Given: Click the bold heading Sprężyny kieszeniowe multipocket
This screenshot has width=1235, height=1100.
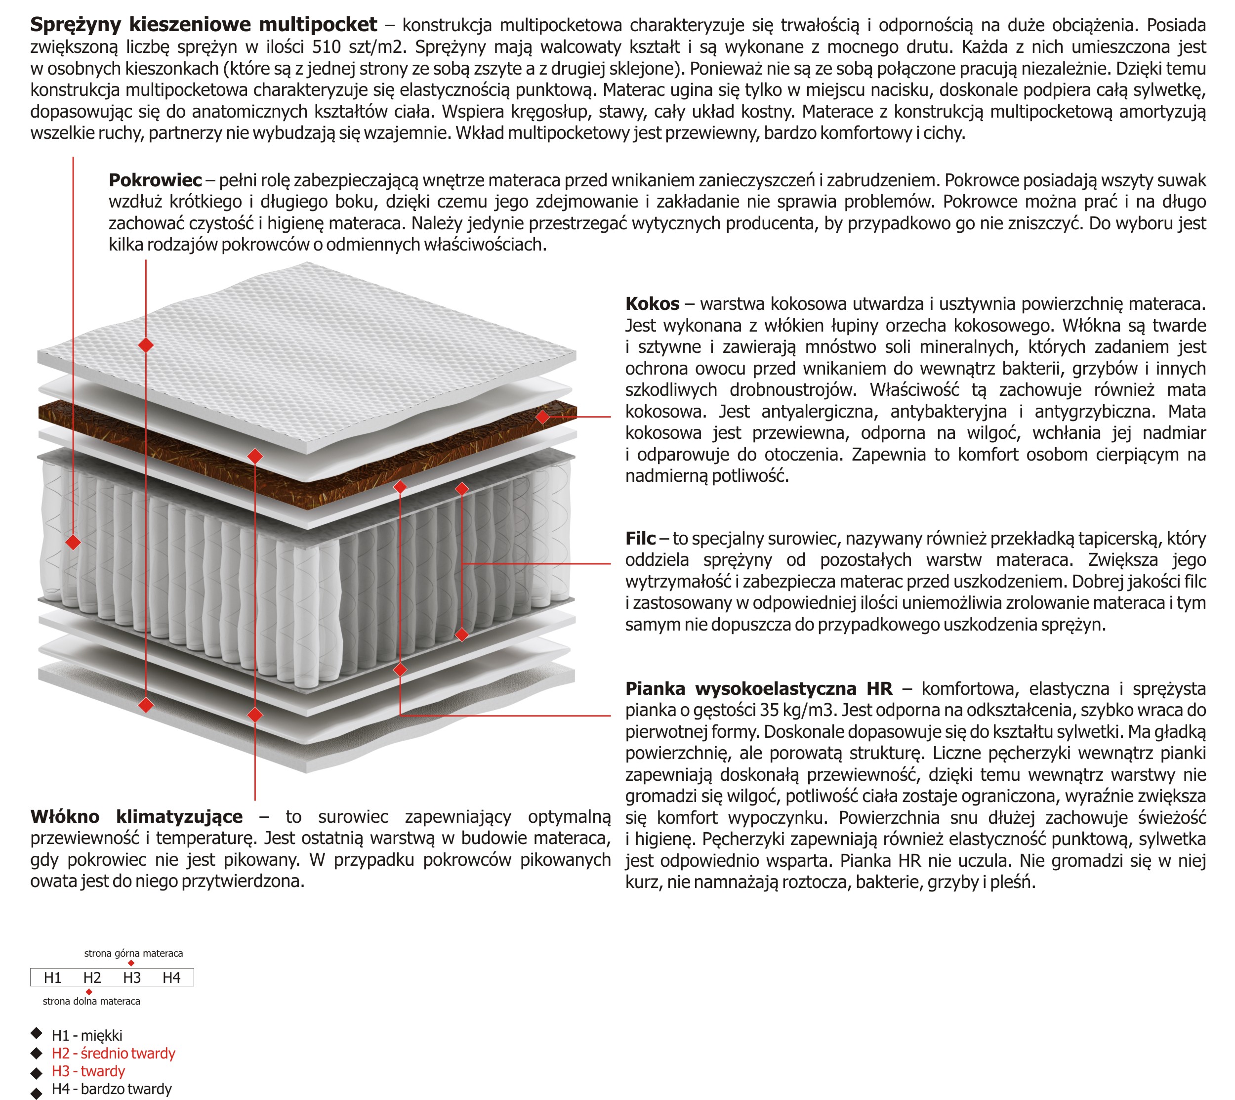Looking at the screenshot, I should pos(204,25).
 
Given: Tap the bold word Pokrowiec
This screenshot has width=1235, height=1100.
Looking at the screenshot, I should pos(155,180).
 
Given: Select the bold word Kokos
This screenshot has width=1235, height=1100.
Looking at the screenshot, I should pos(652,304).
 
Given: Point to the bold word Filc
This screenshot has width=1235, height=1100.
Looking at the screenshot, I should pos(640,539).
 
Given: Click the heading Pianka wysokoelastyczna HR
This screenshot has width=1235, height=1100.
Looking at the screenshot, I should pos(758,689).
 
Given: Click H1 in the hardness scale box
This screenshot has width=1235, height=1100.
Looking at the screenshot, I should pos(52,978).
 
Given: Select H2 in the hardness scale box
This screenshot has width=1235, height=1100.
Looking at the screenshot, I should pos(92,978).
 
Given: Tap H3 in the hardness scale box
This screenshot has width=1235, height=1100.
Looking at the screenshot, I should pos(132,978).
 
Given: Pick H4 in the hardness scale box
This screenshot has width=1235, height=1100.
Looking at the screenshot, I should pos(171,978).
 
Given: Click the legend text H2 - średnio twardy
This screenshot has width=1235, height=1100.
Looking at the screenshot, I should pos(114,1054).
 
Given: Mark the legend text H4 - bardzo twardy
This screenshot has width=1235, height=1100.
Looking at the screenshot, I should pos(112,1089).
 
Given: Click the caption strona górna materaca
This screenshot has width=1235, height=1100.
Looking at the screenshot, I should pos(133,954).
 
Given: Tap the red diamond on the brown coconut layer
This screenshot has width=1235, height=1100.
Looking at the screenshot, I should pos(542,417).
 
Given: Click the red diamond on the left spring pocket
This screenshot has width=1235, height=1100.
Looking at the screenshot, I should pos(73,542).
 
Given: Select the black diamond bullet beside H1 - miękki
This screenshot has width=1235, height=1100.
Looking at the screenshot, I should pos(36,1033).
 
